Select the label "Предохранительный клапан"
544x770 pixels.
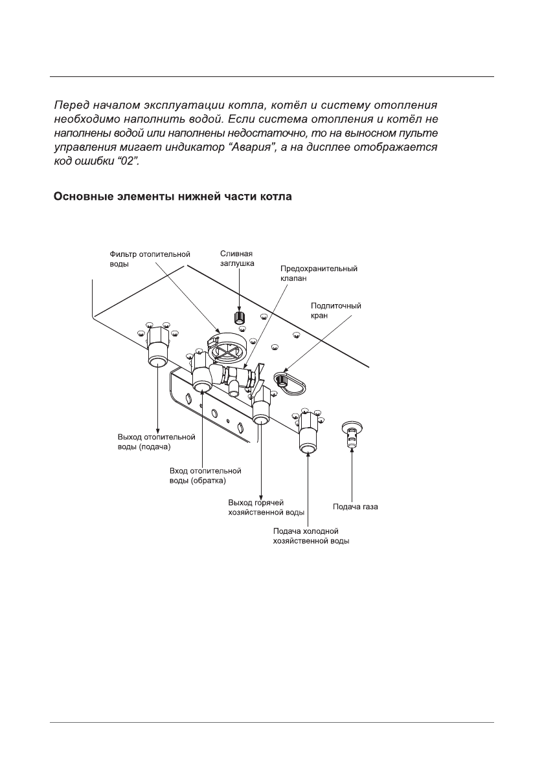click(318, 272)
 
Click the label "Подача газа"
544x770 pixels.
click(356, 507)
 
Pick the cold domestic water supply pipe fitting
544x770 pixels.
click(307, 435)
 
